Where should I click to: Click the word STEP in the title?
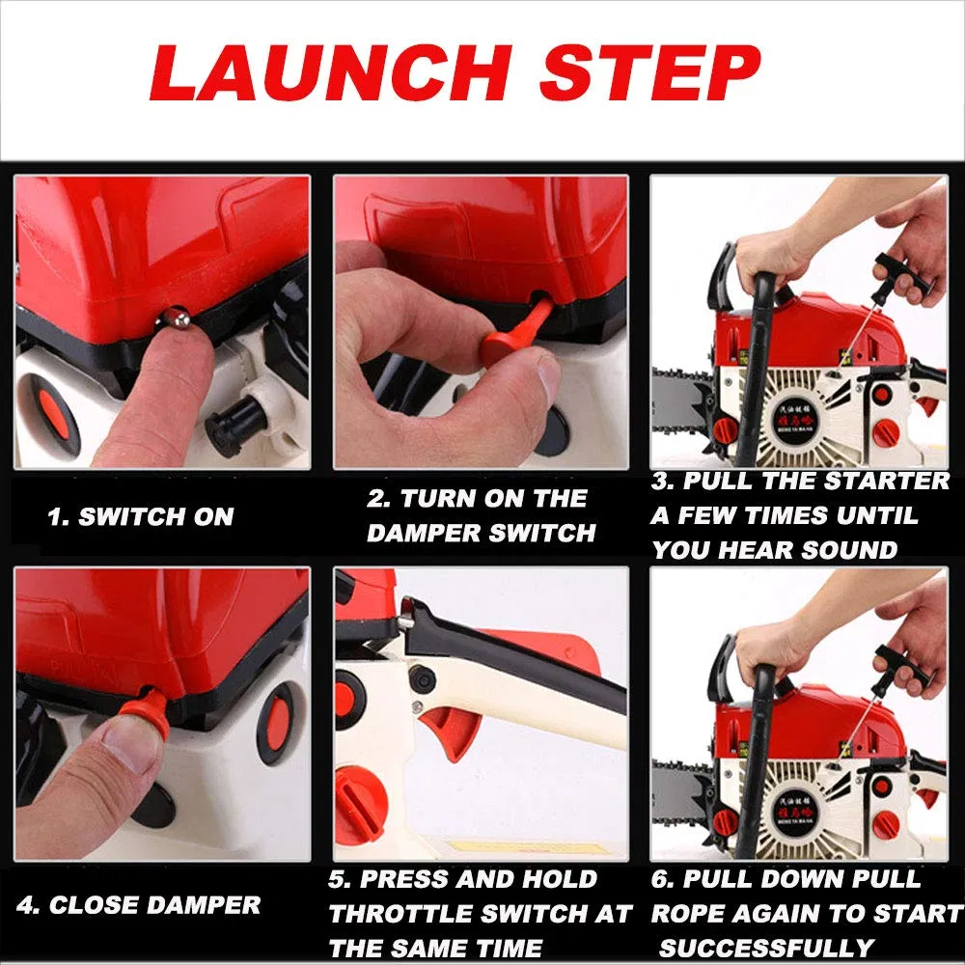coord(645,73)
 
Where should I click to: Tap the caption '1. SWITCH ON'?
coord(141,517)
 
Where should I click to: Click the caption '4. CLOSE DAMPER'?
coord(139,905)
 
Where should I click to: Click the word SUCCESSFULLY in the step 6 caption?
coord(768,948)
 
